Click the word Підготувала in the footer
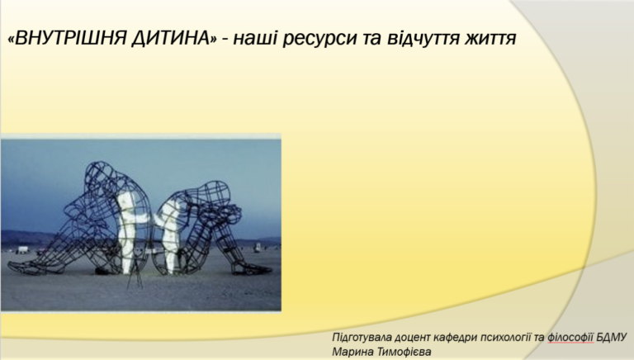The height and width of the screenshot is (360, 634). [361, 338]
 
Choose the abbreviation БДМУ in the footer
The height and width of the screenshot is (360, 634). [612, 338]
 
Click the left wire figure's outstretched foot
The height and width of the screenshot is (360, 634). [24, 267]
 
